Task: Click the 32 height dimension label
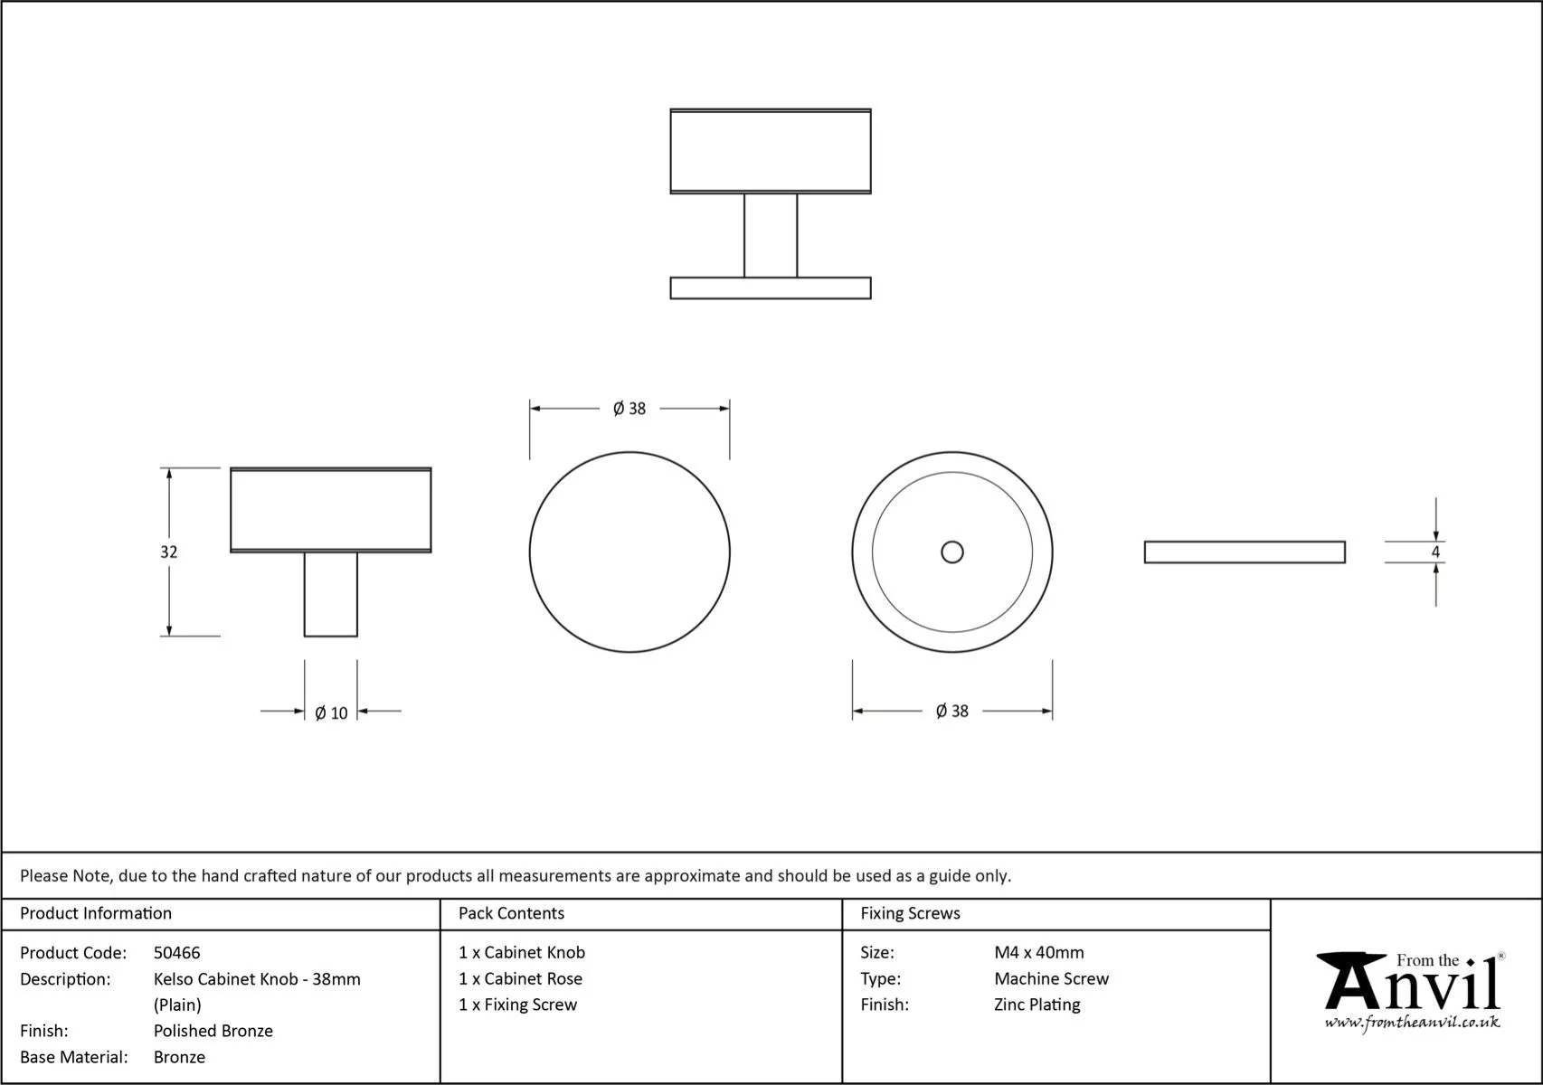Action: click(x=169, y=552)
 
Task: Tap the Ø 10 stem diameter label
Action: click(x=331, y=713)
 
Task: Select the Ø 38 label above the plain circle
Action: click(x=630, y=409)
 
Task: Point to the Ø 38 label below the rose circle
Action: click(x=952, y=712)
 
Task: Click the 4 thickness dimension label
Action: click(x=1435, y=552)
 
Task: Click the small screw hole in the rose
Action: click(x=952, y=552)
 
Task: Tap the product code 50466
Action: click(x=177, y=953)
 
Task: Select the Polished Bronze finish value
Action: click(x=213, y=1031)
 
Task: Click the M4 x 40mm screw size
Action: click(x=1039, y=953)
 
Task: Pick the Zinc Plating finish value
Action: click(x=1037, y=1005)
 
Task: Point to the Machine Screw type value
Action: click(x=1052, y=978)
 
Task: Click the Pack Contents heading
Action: click(x=511, y=913)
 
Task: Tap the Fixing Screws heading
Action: click(x=911, y=913)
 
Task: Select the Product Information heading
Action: click(x=96, y=913)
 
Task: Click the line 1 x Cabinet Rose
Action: click(x=520, y=978)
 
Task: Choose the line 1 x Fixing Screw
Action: click(x=517, y=1005)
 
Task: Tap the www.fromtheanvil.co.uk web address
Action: click(x=1412, y=1023)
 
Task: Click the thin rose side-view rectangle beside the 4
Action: click(x=1245, y=552)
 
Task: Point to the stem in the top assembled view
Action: click(x=771, y=235)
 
